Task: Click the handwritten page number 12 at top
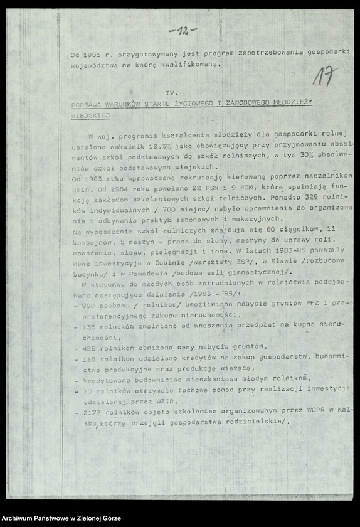click(x=183, y=30)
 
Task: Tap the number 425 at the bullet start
click(x=89, y=347)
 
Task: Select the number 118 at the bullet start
click(x=89, y=358)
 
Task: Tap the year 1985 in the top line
click(x=92, y=55)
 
